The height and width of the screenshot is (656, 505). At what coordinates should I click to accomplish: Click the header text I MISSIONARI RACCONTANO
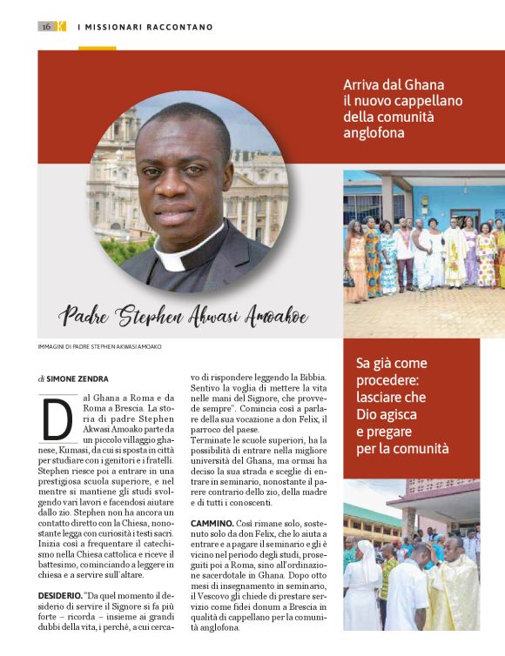coord(145,27)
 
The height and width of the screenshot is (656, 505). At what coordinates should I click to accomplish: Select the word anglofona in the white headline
coord(375,133)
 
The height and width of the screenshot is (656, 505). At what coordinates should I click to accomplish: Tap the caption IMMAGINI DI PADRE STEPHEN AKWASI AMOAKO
coord(100,346)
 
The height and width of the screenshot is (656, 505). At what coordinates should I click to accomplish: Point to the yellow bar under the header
coord(97,48)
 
